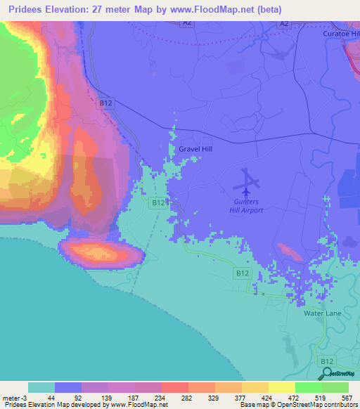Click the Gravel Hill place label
click(195, 150)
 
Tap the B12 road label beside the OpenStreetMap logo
click(326, 361)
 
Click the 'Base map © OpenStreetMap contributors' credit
click(298, 405)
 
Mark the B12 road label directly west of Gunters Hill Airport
click(159, 202)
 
